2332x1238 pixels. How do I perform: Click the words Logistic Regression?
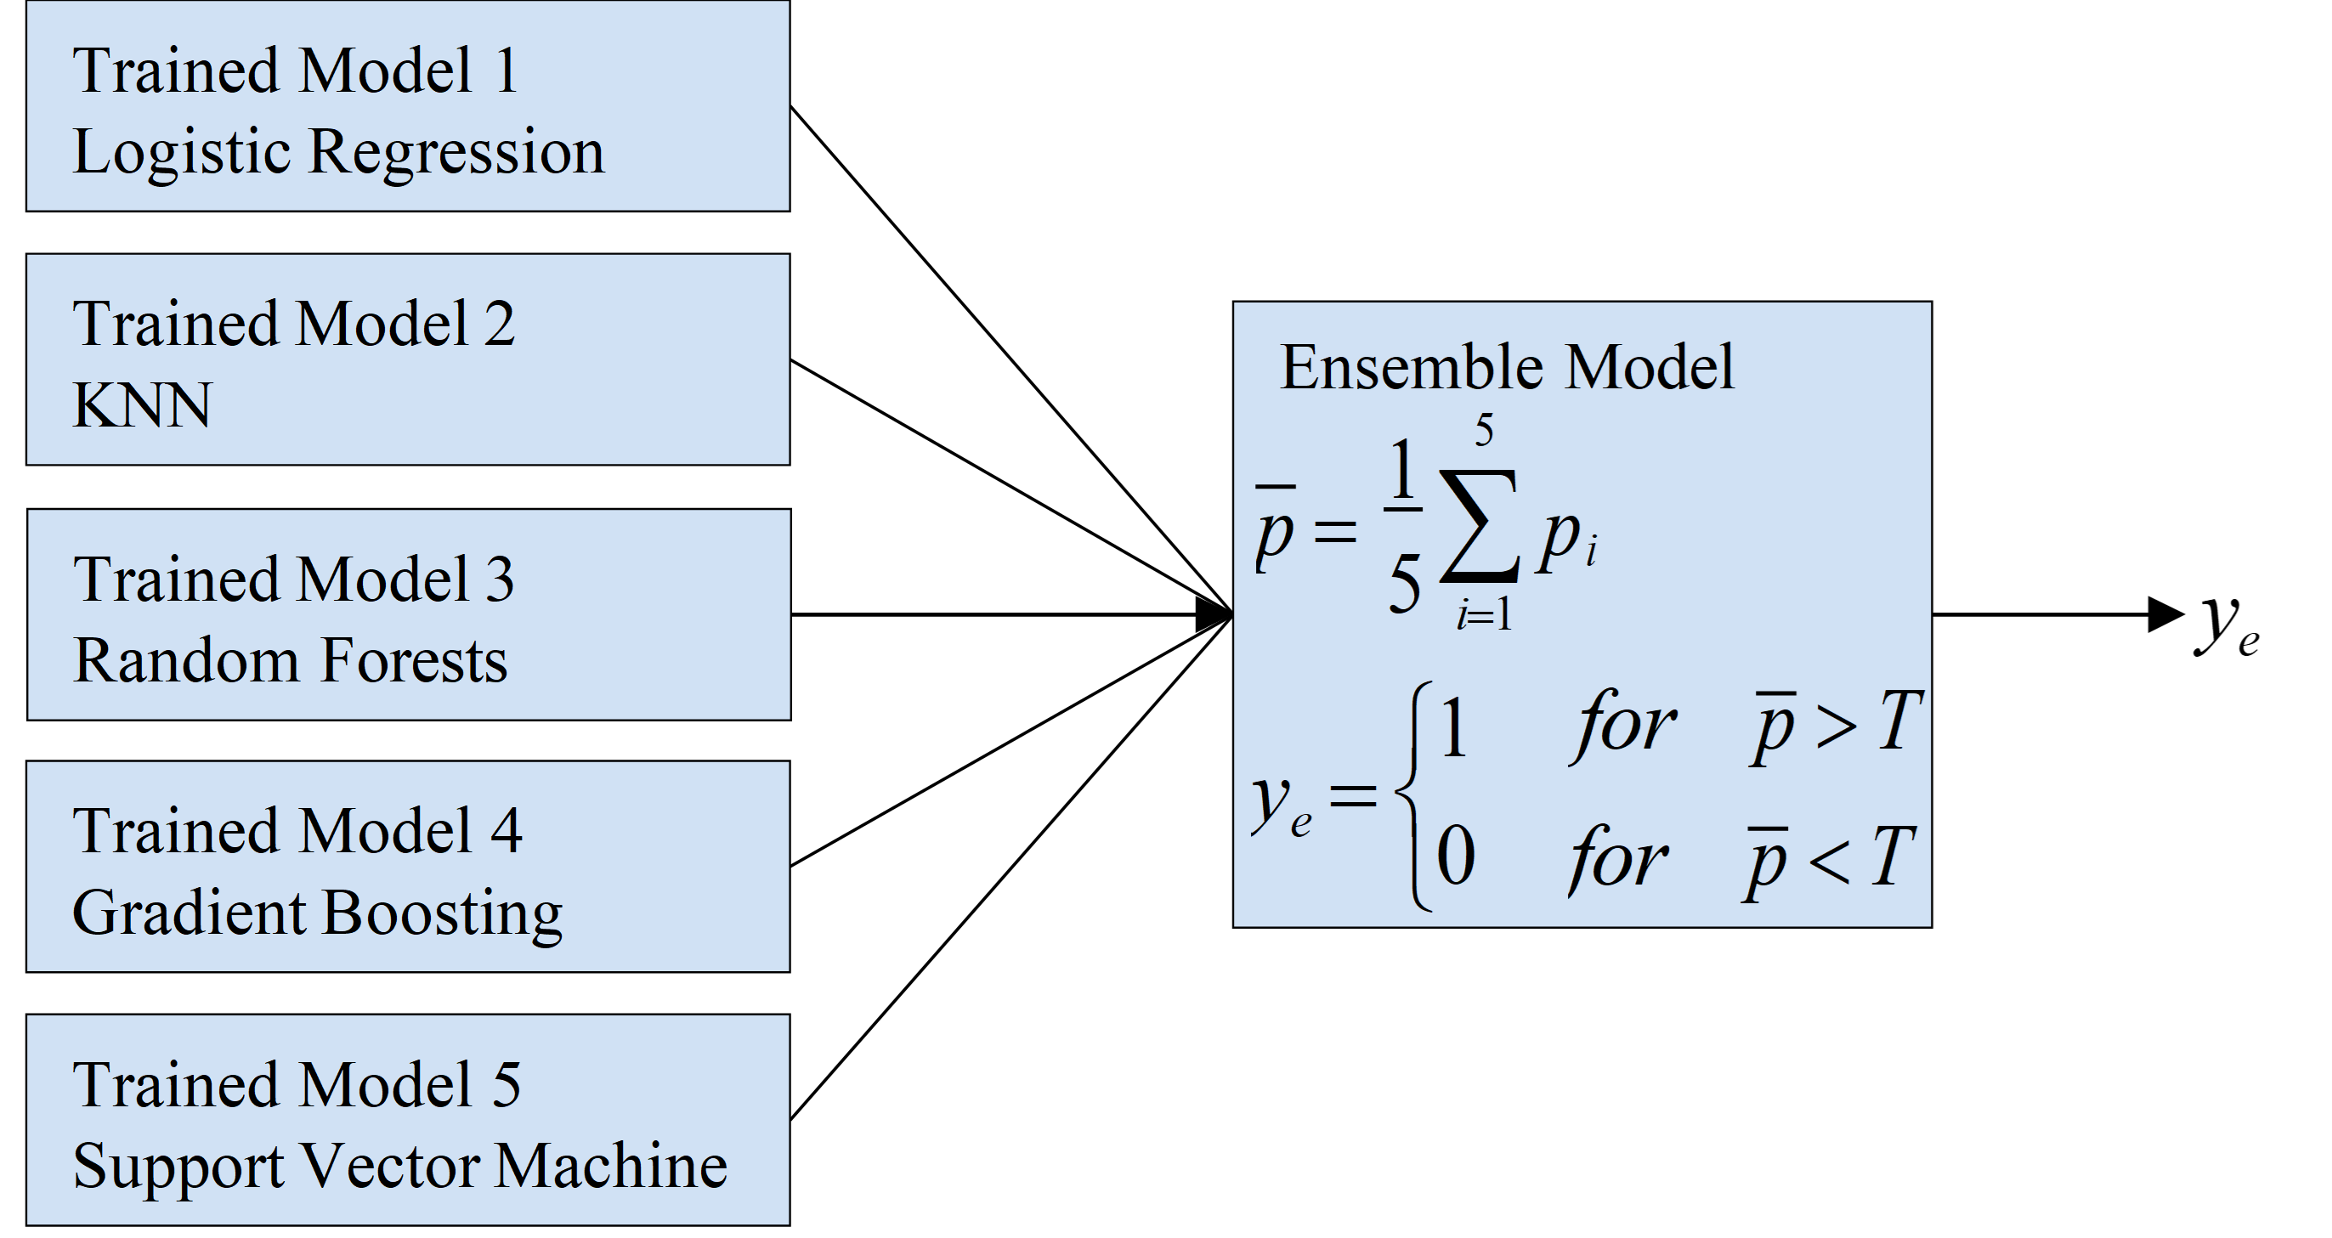pos(337,152)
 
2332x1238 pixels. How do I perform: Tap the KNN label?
pos(141,404)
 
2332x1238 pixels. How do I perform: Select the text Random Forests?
pos(290,659)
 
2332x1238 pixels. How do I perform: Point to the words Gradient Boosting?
pos(317,913)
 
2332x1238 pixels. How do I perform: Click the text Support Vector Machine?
pos(399,1166)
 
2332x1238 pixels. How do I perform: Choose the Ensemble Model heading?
pos(1507,367)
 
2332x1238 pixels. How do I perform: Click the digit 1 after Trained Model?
pos(506,71)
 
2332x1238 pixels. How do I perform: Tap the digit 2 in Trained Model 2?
pos(499,324)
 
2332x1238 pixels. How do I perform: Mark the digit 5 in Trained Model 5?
pos(506,1084)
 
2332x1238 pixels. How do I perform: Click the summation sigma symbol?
pos(1480,525)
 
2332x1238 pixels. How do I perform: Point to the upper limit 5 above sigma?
pos(1484,430)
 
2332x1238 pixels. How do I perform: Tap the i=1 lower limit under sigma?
pos(1484,616)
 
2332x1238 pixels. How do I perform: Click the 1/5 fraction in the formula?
pos(1403,525)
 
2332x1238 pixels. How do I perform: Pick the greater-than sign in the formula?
pos(1837,726)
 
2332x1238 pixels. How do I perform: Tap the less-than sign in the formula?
pos(1830,861)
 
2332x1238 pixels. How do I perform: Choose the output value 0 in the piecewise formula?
pos(1456,855)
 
